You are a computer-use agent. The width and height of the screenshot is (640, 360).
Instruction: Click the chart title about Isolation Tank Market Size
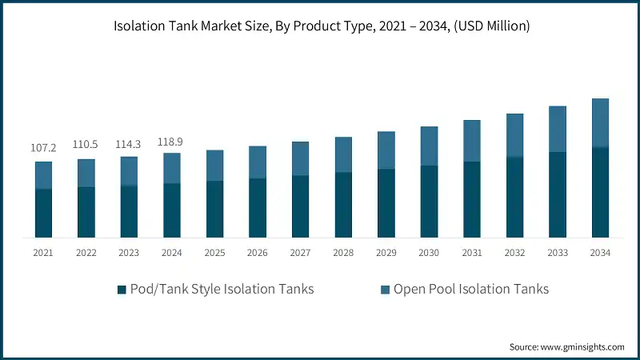pos(320,26)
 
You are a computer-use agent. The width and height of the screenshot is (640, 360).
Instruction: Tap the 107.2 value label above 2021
pos(43,148)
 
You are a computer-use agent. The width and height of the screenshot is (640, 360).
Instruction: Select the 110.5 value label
pos(86,145)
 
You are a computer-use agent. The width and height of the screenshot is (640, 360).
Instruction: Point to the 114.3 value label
pos(129,143)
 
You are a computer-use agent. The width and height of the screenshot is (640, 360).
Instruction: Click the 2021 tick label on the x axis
pos(43,253)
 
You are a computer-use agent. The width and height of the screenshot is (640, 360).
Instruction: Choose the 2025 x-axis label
pos(214,253)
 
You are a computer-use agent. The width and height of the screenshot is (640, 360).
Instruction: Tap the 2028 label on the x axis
pos(343,253)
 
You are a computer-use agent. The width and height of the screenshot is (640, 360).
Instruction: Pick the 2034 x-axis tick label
pos(600,253)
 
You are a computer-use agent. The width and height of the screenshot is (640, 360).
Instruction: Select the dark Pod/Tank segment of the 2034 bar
pos(600,193)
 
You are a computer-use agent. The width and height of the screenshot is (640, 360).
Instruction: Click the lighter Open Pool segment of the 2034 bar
pos(600,123)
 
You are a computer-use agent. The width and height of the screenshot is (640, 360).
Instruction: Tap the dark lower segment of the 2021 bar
pos(43,214)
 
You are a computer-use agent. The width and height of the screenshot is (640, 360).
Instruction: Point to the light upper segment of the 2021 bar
pos(43,175)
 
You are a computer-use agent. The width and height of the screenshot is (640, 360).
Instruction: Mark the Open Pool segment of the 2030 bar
pos(429,146)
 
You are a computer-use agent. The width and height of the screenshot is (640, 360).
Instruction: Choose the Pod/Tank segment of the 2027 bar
pos(300,206)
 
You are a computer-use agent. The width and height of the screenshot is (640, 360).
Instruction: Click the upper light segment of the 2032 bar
pos(514,134)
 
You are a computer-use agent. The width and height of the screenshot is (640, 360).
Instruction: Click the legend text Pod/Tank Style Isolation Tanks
pos(222,290)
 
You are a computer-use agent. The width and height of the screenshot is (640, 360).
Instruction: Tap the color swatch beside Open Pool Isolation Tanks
pos(386,290)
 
